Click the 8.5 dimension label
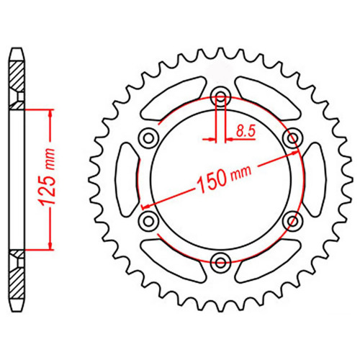(245, 131)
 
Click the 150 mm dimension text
(224, 178)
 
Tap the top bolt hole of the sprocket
(221, 97)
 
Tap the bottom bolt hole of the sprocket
(220, 262)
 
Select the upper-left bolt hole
(149, 138)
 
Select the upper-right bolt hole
(292, 138)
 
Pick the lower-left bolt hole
(149, 221)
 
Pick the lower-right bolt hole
(292, 221)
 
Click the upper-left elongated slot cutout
(174, 98)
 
